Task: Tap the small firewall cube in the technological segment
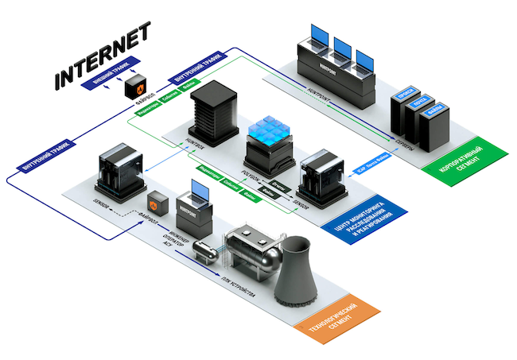click(x=157, y=203)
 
